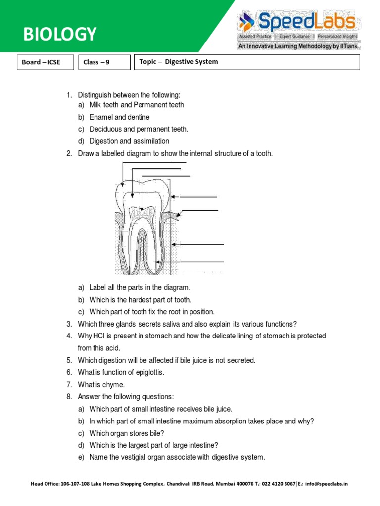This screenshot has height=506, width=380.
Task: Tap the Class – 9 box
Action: coord(102,62)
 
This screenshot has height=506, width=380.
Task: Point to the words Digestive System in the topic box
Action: coord(191,62)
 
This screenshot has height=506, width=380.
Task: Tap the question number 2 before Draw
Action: coord(69,154)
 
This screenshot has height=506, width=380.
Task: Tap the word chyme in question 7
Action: coord(116,384)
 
